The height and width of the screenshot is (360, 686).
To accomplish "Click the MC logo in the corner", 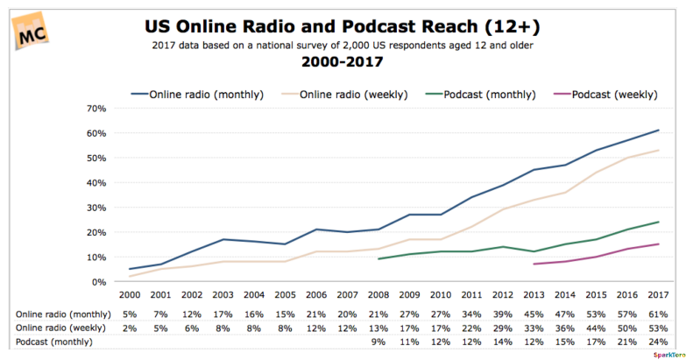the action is point(30,31).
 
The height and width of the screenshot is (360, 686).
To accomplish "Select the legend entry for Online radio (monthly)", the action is point(197,95).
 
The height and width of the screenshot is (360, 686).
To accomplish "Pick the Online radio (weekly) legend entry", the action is point(344,95).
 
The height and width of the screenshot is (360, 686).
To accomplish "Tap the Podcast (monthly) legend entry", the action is point(480,95).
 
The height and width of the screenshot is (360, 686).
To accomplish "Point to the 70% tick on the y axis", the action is point(96,109).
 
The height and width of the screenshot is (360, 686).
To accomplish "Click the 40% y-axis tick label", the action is point(96,183).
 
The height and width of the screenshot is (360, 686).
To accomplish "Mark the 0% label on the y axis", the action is point(99,282).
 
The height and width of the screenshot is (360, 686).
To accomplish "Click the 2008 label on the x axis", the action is point(378,295).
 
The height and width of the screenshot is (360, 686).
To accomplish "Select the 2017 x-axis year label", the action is point(659,295).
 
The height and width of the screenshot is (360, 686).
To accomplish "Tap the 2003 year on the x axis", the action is point(223,295).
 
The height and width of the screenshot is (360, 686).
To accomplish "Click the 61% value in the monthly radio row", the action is point(659,314).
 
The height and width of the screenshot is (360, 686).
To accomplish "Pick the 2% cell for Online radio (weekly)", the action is point(130,328).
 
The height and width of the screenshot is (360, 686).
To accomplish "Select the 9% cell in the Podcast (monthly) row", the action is point(378,342).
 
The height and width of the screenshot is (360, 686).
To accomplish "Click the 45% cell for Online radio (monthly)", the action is point(534,314).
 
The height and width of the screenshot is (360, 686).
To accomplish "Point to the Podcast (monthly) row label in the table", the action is point(54,342).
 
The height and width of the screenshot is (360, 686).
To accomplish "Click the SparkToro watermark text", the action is point(669,355).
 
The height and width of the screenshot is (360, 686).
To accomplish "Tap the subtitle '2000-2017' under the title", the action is point(343,61).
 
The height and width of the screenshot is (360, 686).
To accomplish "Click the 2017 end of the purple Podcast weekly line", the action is point(659,244).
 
